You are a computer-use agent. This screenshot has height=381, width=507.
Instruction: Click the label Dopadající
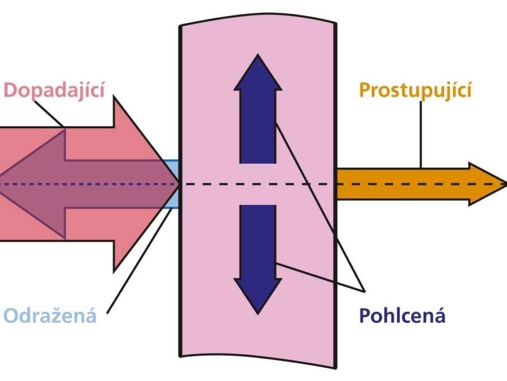(54, 90)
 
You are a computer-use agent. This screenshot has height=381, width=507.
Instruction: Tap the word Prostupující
(415, 90)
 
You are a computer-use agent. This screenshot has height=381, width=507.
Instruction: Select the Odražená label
(50, 315)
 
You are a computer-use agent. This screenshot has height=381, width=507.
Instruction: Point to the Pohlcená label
(402, 315)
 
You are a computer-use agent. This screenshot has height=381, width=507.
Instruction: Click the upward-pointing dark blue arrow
(258, 109)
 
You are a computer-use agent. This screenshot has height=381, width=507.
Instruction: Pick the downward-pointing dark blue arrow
(258, 259)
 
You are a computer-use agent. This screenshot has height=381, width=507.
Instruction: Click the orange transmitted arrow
(420, 184)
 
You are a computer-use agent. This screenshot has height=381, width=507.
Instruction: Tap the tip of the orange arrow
(506, 184)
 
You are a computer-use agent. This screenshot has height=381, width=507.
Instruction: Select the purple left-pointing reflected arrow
(87, 184)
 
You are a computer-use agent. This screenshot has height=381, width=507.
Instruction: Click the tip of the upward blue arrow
(258, 54)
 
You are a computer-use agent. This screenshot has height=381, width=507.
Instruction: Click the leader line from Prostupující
(421, 134)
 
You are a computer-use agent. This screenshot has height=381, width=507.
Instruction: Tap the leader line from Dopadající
(49, 114)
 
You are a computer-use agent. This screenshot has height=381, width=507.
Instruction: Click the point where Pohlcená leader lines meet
(365, 292)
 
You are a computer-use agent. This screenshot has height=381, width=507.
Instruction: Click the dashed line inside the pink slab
(258, 184)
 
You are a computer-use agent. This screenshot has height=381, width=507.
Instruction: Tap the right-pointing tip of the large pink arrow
(179, 184)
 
